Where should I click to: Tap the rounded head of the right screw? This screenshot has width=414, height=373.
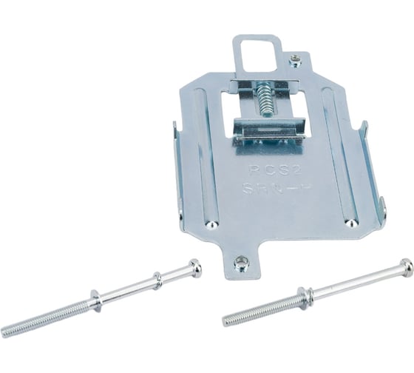405,264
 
